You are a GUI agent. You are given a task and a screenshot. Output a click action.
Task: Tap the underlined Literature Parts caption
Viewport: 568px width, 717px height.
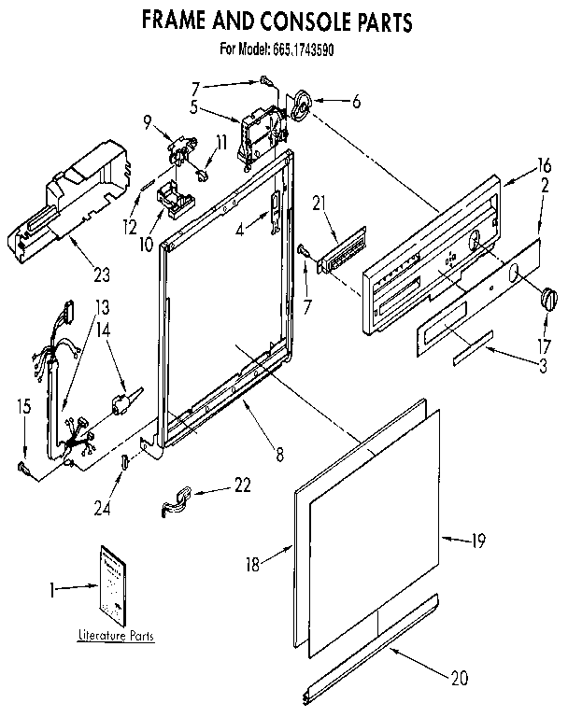click(116, 635)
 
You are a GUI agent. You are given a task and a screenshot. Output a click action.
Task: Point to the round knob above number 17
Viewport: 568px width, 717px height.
click(548, 301)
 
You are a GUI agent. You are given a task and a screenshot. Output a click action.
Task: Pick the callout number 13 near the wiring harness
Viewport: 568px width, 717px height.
click(102, 307)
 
